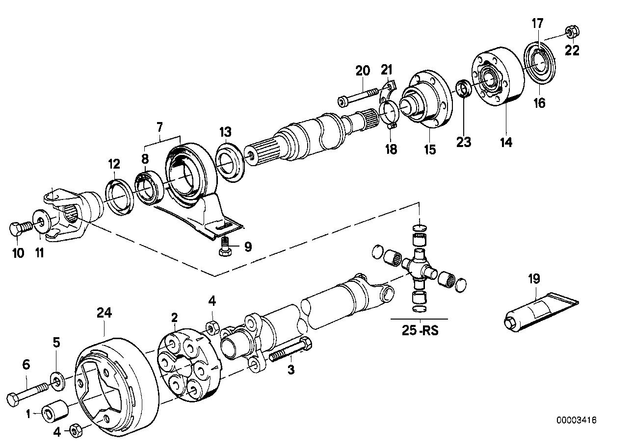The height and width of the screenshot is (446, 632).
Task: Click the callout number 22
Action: (572, 50)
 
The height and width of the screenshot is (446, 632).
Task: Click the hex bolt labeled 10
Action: (19, 228)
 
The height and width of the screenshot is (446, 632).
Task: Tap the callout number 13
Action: (225, 132)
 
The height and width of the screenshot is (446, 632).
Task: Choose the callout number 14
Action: (506, 142)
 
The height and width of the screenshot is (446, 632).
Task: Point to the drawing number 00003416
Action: (576, 420)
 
